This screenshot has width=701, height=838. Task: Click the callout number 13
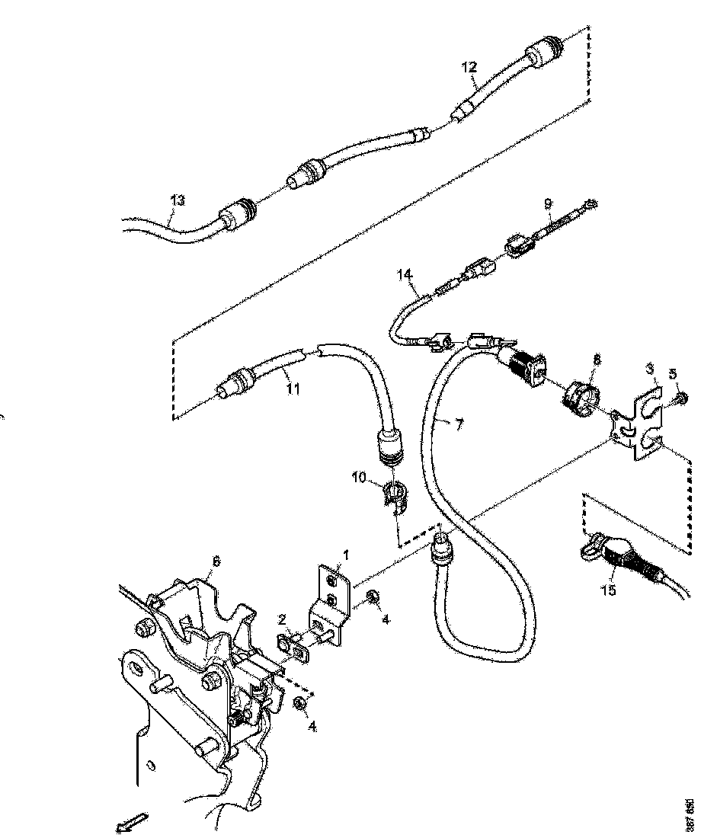tap(177, 201)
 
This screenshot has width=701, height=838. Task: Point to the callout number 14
tap(404, 273)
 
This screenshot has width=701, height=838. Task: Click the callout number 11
tap(293, 389)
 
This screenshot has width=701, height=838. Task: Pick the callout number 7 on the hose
tap(459, 424)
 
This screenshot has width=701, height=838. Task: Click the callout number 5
tap(673, 373)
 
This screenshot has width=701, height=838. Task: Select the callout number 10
tap(358, 478)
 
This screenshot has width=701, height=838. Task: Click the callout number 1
tap(346, 557)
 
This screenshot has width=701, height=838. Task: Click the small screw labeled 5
tap(680, 396)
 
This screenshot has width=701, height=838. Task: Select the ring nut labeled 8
tap(584, 396)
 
